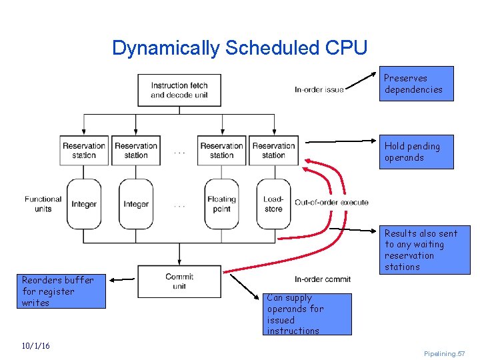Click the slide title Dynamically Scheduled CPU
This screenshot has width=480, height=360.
tap(239, 48)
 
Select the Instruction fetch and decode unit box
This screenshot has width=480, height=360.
tap(179, 90)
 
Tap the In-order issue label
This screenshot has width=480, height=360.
tap(319, 90)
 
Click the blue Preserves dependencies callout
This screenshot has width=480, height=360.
tap(416, 84)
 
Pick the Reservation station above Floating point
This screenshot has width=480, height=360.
tap(221, 151)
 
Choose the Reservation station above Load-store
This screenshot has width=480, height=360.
tap(273, 151)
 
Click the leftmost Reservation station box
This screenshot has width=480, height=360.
tap(84, 151)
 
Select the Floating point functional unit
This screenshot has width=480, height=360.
tap(221, 203)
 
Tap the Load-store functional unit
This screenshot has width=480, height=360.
tap(273, 203)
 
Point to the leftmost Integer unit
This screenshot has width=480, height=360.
tap(84, 204)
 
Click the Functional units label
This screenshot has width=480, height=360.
tap(43, 203)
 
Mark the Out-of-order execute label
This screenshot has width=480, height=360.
tap(331, 203)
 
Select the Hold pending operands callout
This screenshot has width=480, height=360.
tap(416, 152)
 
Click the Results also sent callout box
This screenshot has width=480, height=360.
tap(424, 250)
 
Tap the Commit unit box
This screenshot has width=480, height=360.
tap(179, 281)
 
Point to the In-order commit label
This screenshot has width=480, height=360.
tap(323, 279)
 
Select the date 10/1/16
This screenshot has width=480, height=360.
tap(35, 346)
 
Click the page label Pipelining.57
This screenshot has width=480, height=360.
tap(444, 353)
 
